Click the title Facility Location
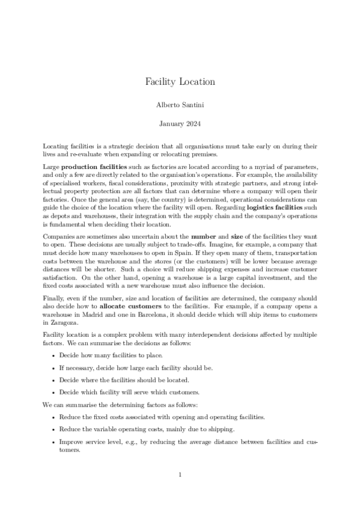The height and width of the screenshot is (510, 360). [180, 81]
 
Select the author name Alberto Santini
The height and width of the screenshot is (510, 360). [180, 105]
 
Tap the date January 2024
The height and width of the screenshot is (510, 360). [180, 124]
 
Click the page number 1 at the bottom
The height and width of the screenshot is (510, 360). [180, 475]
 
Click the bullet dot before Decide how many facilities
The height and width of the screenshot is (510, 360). [54, 355]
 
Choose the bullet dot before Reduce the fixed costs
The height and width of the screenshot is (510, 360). [54, 417]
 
